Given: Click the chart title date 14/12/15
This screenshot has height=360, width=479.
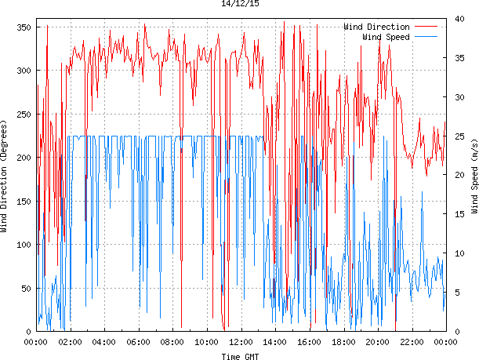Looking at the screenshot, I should tap(240, 4).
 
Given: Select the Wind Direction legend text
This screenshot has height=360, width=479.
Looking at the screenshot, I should tap(376, 27).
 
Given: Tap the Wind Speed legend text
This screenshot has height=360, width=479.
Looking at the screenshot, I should tap(386, 37).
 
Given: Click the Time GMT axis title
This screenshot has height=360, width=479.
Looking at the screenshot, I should tap(240, 355).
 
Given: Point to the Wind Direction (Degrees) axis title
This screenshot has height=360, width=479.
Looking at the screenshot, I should tap(5, 177).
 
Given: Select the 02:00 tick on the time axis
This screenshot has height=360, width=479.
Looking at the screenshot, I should tap(70, 342).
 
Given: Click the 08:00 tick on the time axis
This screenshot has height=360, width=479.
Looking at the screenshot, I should tap(172, 342).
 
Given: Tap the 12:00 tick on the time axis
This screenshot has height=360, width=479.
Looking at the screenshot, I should tap(241, 342).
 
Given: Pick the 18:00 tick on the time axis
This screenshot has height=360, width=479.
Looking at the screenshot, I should tap(343, 342).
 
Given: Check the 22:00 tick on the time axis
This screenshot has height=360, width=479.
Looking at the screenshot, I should tap(412, 342).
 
